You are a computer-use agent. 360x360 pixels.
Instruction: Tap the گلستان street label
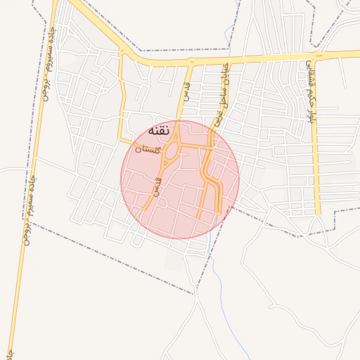pyautogui.click(x=148, y=148)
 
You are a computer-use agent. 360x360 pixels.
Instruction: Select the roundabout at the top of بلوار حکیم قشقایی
pyautogui.click(x=319, y=55)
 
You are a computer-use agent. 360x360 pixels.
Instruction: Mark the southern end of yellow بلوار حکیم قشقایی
pyautogui.click(x=318, y=212)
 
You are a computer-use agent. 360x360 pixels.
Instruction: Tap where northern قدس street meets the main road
pyautogui.click(x=191, y=63)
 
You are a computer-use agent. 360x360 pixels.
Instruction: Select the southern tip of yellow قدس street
pyautogui.click(x=144, y=209)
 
